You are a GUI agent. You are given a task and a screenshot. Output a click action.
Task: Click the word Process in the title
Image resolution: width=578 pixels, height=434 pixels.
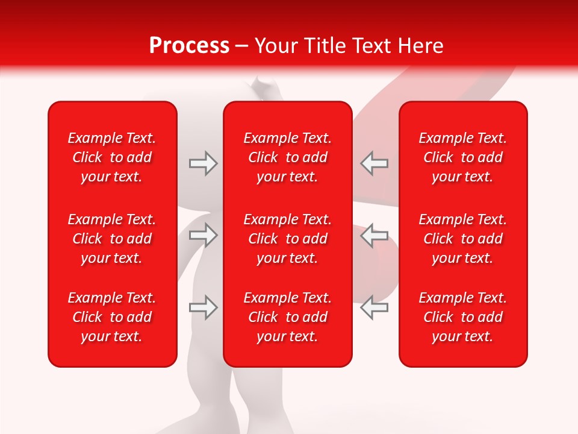pos(189,46)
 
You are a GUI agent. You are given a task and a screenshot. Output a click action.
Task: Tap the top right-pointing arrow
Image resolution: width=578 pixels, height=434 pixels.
pos(203,163)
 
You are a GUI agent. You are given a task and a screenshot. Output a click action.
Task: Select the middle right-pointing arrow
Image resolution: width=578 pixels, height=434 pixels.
pos(203,235)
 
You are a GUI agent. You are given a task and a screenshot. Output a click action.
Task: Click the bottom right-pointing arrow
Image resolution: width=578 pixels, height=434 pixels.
pos(203,307)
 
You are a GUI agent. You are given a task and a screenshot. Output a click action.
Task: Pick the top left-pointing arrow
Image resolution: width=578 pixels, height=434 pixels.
pos(374,163)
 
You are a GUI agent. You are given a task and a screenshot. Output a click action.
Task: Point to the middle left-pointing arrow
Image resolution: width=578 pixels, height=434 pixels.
pos(374,235)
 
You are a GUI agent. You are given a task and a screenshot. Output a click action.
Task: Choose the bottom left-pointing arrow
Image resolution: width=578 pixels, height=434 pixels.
pos(374,307)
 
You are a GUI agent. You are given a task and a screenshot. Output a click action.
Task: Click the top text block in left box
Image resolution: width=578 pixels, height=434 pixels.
pos(112,157)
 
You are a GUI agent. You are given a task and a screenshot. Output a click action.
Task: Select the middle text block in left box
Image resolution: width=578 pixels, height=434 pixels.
pos(112,239)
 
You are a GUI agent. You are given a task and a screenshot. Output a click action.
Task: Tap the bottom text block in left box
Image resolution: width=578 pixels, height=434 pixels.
pos(112,317)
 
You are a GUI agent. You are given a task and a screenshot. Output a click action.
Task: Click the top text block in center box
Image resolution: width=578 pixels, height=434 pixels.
pos(288,157)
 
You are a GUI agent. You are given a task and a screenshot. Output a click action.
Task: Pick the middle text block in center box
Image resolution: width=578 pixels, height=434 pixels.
pos(288,239)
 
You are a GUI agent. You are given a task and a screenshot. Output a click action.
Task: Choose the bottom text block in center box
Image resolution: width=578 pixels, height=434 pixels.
pos(288,317)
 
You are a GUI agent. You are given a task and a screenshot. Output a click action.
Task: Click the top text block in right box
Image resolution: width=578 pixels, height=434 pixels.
pos(463,157)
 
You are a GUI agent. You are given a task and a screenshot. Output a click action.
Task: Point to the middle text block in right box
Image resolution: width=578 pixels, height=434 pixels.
pos(463,239)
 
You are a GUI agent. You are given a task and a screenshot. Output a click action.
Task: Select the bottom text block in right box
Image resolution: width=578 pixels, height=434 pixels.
pos(463,317)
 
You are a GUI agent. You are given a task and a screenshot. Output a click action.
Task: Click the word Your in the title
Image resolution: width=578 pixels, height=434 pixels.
pos(276,46)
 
